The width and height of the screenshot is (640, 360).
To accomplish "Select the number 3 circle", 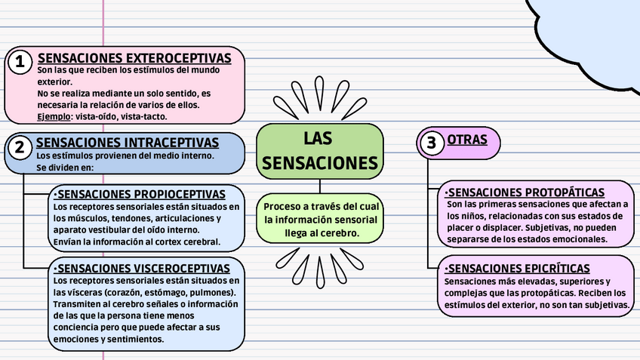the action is (x=432, y=143).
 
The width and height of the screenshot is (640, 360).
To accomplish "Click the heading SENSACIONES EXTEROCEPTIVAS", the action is (x=140, y=58).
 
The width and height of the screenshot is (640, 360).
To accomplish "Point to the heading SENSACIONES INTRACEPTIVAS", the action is (x=128, y=143).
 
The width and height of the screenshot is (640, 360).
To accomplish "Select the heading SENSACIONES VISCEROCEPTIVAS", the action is (x=142, y=268).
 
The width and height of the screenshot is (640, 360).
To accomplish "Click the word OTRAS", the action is (x=467, y=140).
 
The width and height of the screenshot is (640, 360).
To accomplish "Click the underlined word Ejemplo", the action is (x=54, y=117).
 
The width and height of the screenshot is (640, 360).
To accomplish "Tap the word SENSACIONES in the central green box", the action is (x=319, y=163).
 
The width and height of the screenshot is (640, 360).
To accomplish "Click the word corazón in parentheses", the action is (x=139, y=293).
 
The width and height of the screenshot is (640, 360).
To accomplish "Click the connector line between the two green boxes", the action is (x=320, y=186).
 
